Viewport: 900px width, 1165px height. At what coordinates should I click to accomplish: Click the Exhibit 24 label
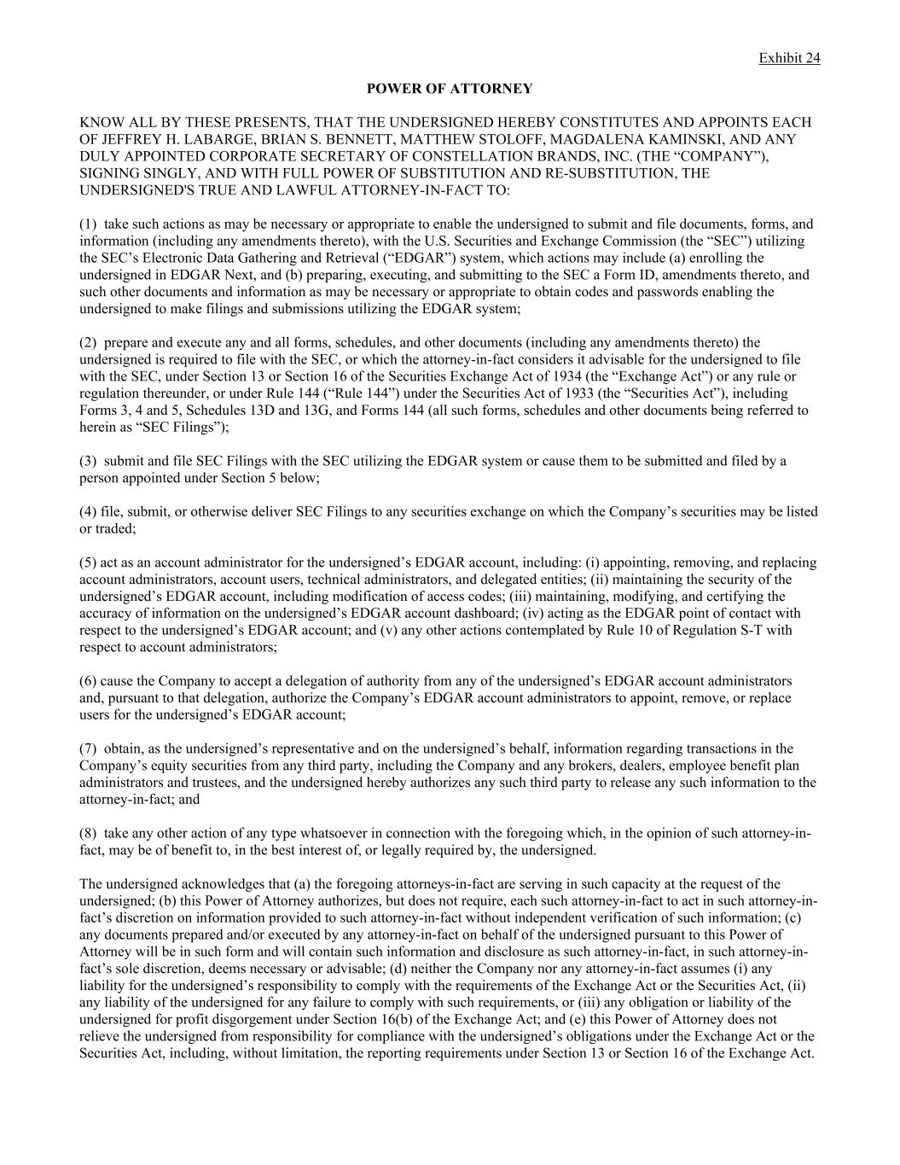789,58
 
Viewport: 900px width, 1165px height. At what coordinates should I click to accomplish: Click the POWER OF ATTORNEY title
450,89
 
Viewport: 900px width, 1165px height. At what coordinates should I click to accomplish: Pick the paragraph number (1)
88,224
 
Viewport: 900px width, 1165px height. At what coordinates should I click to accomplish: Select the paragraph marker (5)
88,562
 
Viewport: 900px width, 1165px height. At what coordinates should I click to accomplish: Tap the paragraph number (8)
88,833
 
